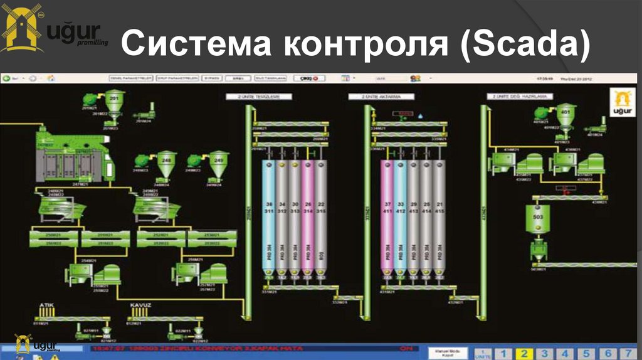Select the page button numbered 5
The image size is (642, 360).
click(586, 353)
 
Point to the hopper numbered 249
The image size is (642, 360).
click(218, 161)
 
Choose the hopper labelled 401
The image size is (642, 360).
click(566, 114)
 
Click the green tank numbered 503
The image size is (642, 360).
click(537, 218)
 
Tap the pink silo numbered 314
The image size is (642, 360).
click(308, 213)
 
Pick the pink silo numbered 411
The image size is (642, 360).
click(387, 213)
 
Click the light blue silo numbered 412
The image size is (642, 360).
click(401, 213)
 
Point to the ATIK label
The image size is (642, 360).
click(46, 305)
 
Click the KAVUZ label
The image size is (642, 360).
click(140, 305)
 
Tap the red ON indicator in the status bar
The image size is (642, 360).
click(406, 347)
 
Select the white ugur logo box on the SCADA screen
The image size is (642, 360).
click(621, 102)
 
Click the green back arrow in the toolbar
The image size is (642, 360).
click(6, 78)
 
